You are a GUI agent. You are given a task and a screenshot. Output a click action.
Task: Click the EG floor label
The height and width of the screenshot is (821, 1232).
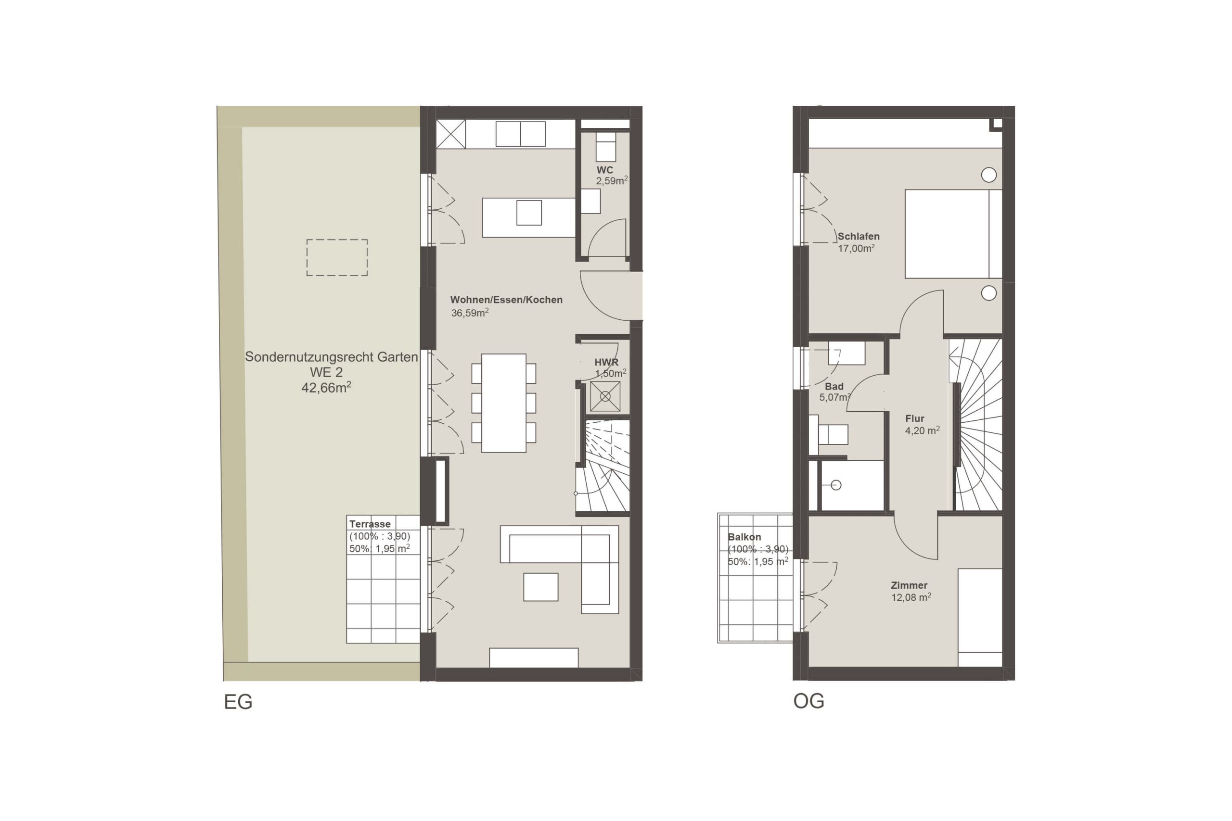238,702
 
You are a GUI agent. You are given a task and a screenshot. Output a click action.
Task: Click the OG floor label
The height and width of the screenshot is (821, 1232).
809,701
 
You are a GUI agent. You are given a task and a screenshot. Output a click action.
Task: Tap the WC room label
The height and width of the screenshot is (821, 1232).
604,170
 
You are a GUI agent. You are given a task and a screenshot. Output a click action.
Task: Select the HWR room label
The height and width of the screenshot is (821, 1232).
606,362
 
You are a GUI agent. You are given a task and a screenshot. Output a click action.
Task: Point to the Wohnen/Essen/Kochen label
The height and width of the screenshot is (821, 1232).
507,300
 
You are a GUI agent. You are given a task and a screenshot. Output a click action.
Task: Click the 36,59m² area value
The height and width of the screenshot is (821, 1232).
470,313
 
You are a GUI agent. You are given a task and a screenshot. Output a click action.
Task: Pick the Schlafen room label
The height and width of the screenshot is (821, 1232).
859,237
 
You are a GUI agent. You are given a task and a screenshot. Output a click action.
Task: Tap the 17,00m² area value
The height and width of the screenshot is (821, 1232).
857,249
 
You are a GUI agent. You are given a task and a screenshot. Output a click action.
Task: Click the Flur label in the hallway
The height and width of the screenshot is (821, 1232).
914,419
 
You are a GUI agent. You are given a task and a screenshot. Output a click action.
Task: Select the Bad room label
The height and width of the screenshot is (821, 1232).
834,386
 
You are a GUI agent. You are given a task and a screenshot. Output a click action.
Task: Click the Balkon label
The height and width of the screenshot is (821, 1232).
744,537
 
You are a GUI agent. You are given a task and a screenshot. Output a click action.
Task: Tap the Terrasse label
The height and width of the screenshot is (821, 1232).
370,524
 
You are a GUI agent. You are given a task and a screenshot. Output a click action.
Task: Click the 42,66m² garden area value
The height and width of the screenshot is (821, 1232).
326,388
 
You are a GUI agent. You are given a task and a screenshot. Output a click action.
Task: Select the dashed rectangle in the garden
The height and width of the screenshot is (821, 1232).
337,258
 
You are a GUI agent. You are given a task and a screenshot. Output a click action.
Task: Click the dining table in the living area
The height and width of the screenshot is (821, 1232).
504,403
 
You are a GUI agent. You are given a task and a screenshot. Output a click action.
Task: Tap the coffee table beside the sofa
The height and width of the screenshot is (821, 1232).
540,587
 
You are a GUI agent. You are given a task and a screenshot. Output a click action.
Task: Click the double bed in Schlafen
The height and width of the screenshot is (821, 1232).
953,234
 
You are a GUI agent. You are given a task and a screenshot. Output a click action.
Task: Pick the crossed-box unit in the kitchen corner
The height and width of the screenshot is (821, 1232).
451,134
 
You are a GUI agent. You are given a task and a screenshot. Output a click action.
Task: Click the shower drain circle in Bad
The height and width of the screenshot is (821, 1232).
836,485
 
